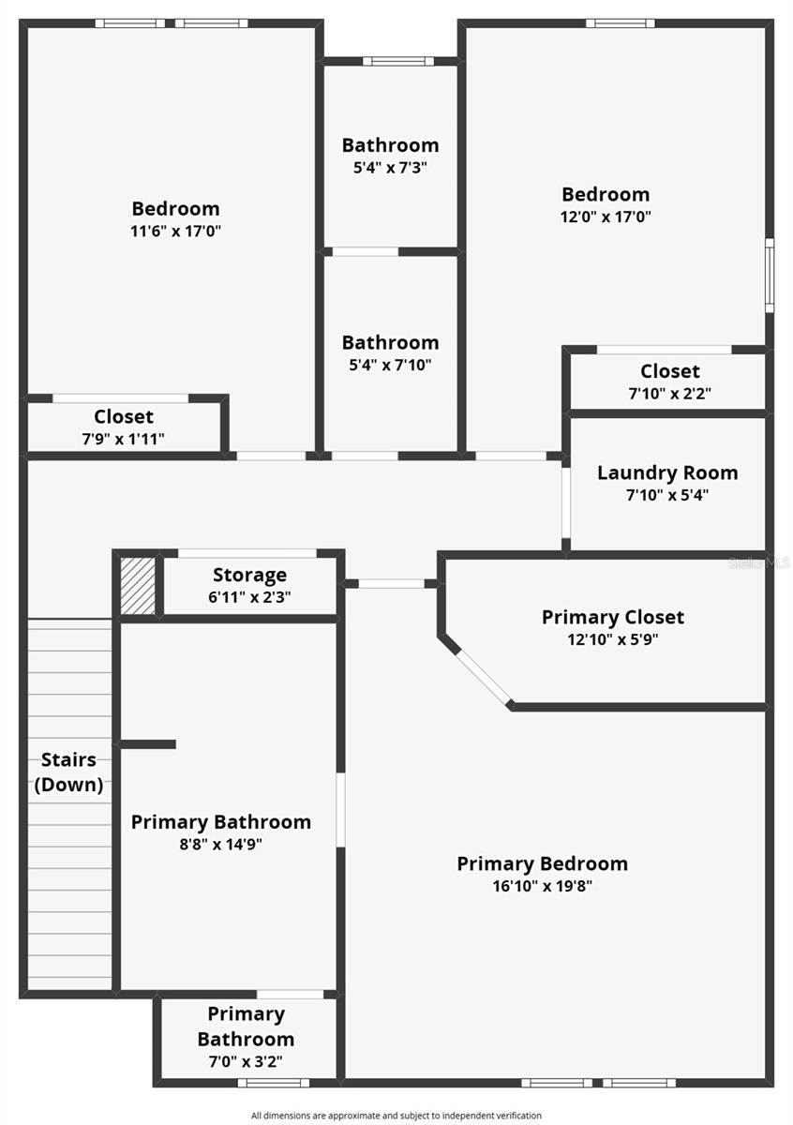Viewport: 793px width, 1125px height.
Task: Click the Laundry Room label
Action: coord(667,472)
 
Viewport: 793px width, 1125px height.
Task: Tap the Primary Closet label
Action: coord(613,617)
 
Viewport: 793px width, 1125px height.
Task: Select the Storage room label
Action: coord(249,575)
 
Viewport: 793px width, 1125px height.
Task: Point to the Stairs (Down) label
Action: coord(69,772)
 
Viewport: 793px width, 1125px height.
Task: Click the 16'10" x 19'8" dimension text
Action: coord(542,886)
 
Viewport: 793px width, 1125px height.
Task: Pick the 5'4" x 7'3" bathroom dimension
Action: coord(390,168)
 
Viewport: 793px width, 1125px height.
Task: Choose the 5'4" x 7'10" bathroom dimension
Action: coord(390,365)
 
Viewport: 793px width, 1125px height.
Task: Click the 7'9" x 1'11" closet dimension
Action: coord(123,438)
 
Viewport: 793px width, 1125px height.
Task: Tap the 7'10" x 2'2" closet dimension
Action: coord(669,394)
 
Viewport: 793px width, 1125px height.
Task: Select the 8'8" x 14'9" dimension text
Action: coord(220,844)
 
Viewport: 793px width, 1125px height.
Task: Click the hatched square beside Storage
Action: coord(139,587)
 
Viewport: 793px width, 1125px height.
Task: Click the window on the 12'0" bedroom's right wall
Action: coord(769,275)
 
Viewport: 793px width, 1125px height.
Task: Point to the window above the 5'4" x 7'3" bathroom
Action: coord(398,61)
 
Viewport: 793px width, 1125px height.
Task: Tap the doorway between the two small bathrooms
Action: coord(365,251)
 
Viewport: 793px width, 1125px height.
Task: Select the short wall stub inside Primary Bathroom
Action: coord(148,744)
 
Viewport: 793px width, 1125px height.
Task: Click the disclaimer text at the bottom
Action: coord(396,1116)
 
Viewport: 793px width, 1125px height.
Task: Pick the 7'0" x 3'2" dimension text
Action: coord(246,1061)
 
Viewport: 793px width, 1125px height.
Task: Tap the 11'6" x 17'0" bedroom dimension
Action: coord(175,230)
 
